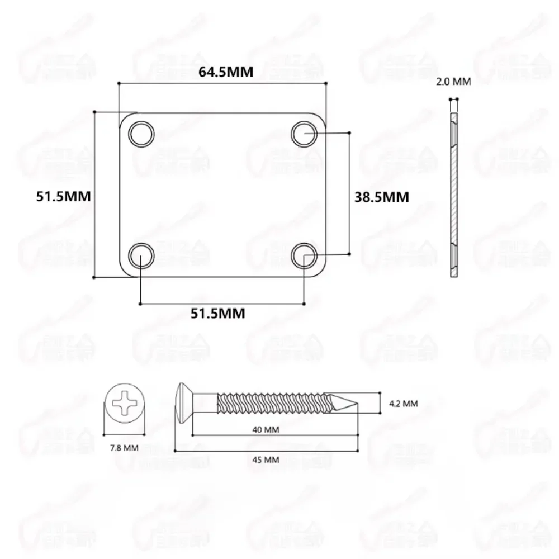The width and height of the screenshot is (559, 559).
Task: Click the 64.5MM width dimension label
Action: click(x=222, y=72)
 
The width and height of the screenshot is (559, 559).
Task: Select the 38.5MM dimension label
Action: click(x=382, y=197)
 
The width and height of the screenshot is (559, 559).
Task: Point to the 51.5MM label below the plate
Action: click(x=218, y=314)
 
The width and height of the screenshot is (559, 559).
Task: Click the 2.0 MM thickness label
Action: click(x=453, y=82)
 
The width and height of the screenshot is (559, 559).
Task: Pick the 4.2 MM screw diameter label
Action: click(x=402, y=403)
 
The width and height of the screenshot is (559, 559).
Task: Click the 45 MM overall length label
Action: click(x=265, y=459)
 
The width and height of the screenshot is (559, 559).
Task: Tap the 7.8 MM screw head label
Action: click(x=124, y=448)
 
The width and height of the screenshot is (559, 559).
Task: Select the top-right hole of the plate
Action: click(x=304, y=134)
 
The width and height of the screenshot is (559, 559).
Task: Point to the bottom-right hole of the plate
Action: click(x=304, y=255)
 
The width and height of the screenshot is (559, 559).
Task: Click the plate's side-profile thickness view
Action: click(x=454, y=193)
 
